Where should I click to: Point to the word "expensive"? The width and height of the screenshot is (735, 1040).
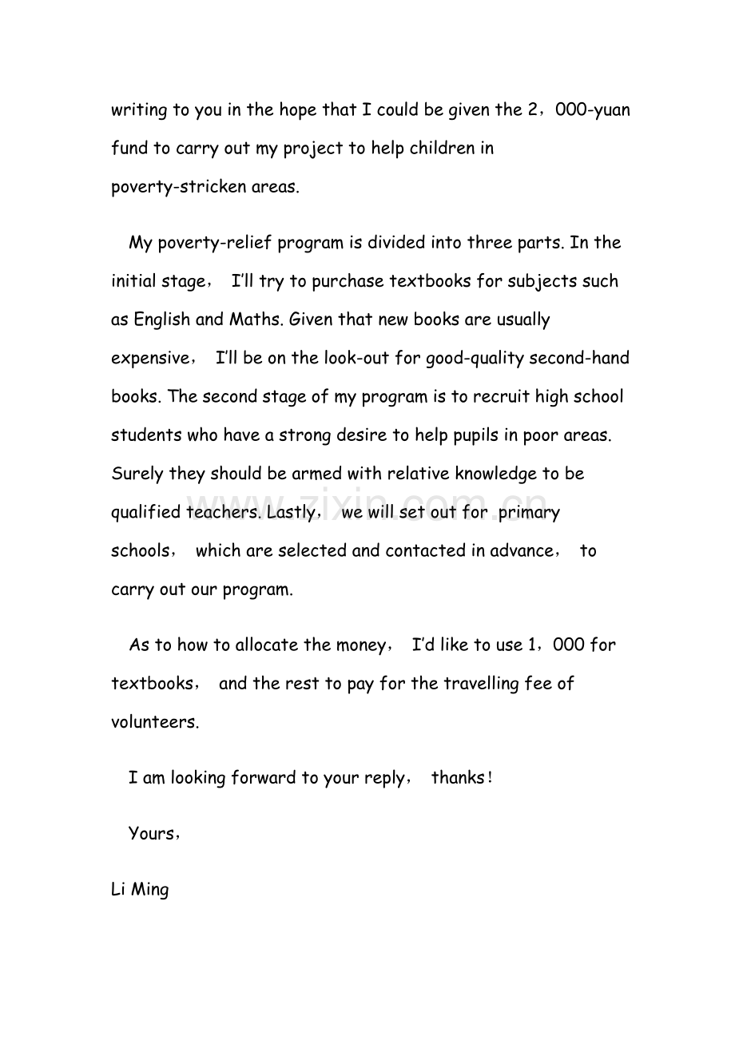[x=149, y=359]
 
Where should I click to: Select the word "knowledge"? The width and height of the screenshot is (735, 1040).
[x=495, y=474]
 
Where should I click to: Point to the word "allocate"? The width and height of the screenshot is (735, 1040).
[x=268, y=645]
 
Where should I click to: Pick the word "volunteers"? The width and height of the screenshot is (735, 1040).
[x=153, y=723]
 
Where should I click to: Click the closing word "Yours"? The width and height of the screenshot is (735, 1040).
[x=152, y=834]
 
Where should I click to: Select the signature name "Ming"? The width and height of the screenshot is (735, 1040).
[x=149, y=889]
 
